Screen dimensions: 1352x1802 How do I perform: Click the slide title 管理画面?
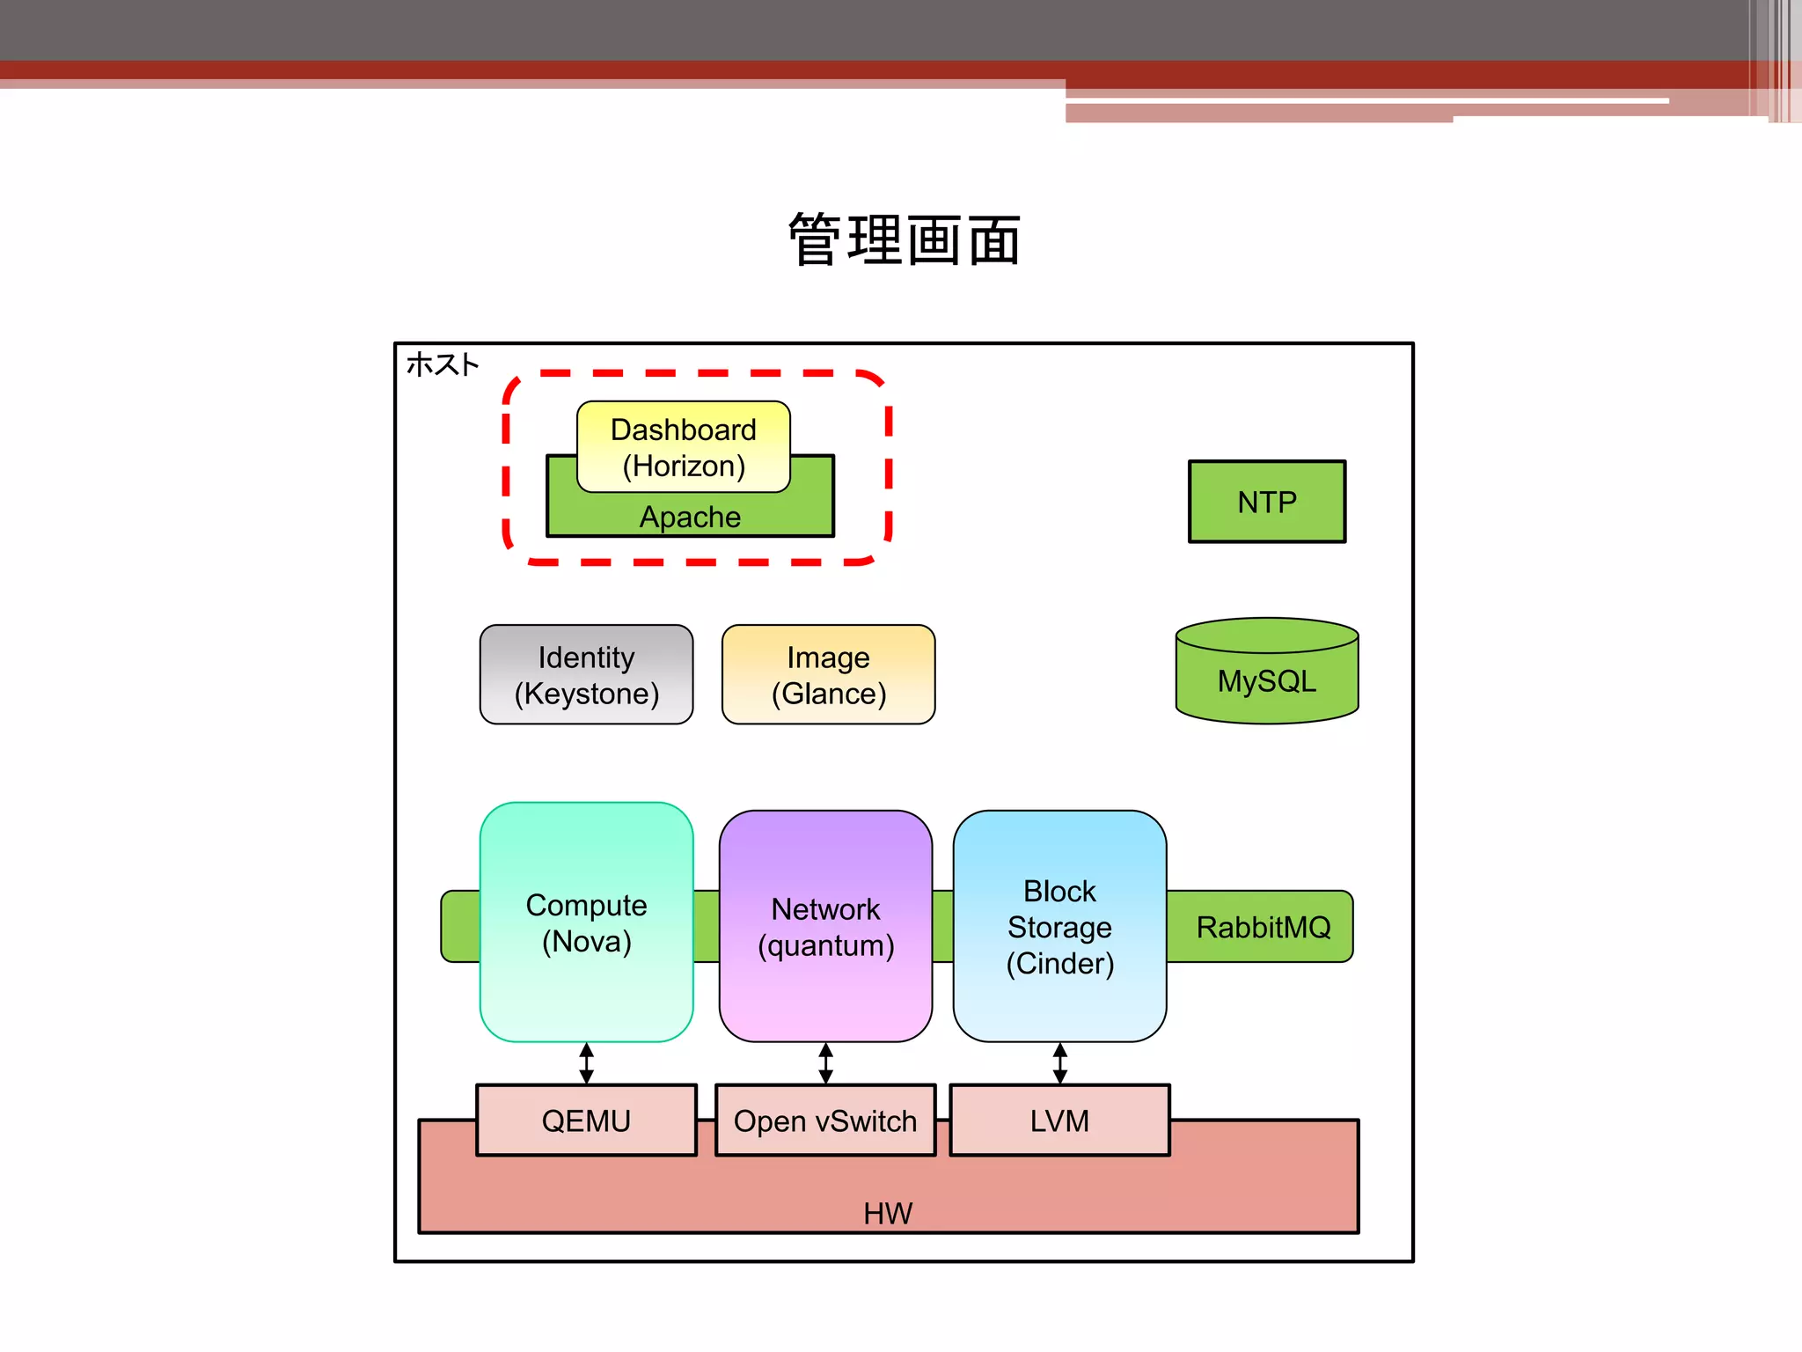click(x=904, y=239)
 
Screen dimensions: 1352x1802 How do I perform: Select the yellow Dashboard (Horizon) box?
click(x=683, y=446)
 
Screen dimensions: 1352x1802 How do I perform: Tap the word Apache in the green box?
click(x=690, y=517)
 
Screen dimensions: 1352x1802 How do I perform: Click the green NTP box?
click(x=1266, y=502)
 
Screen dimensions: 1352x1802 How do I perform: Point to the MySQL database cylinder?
click(x=1266, y=673)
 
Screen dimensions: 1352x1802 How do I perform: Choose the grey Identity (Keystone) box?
click(x=586, y=674)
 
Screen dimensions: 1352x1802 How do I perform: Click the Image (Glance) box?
click(x=828, y=674)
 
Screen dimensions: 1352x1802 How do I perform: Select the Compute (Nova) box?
click(x=586, y=922)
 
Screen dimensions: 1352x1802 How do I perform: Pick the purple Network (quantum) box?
click(x=825, y=926)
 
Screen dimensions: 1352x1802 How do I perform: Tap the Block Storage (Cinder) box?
click(x=1059, y=926)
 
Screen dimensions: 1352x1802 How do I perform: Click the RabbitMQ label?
click(x=1263, y=927)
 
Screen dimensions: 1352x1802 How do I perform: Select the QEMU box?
click(x=586, y=1121)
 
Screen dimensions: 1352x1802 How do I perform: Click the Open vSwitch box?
click(x=825, y=1121)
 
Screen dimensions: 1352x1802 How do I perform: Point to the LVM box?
click(x=1059, y=1121)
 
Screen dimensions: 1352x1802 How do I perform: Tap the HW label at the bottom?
click(x=888, y=1213)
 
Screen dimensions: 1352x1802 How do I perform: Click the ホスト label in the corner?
click(x=442, y=364)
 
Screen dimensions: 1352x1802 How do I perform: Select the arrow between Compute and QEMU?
click(x=586, y=1063)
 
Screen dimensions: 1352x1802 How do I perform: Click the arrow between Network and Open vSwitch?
click(x=825, y=1063)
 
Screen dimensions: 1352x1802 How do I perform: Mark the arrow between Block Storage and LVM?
click(x=1059, y=1063)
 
